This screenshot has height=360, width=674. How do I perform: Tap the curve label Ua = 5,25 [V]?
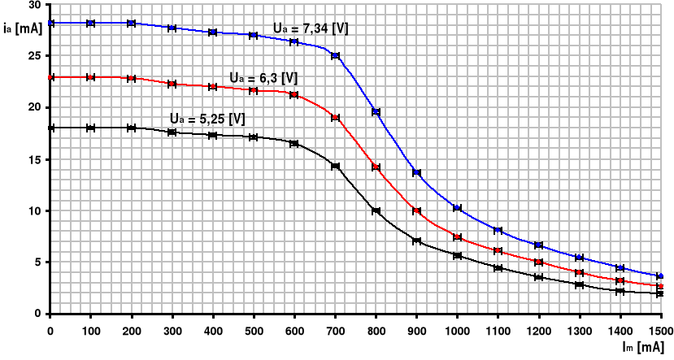click(207, 119)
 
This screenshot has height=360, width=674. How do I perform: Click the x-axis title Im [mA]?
click(646, 348)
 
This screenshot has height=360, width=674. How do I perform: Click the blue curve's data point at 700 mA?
click(335, 56)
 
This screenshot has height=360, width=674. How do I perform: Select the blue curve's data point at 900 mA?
click(416, 172)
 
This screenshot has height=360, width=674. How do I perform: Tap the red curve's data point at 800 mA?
click(376, 167)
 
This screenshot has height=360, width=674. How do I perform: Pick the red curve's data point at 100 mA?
click(91, 77)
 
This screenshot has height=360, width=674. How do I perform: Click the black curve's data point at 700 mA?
click(335, 166)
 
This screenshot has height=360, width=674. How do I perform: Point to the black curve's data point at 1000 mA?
click(457, 256)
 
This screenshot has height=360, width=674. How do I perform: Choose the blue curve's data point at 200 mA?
click(132, 23)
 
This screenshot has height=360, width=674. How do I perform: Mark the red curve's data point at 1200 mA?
click(538, 262)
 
